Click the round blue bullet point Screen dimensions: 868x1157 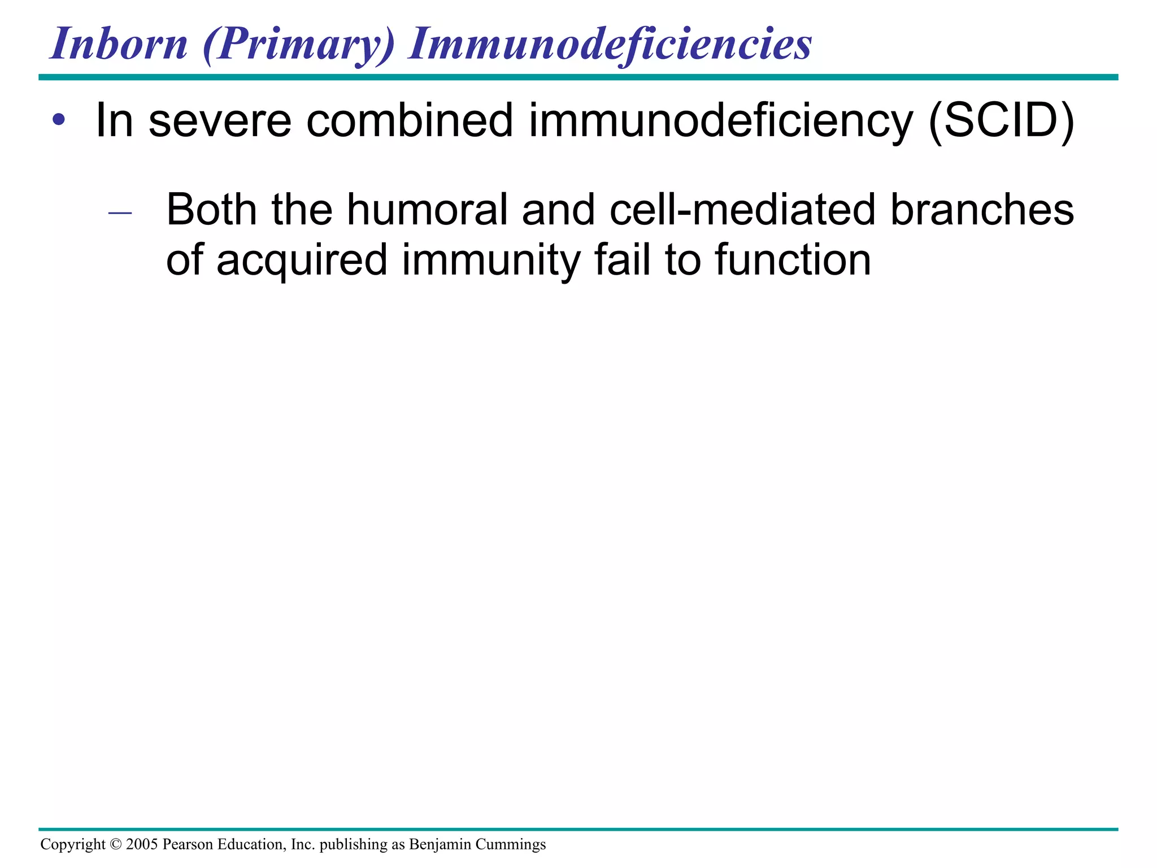click(59, 120)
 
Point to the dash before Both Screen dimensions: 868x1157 click(120, 213)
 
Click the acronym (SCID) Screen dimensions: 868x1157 click(1001, 120)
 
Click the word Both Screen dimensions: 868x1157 click(212, 210)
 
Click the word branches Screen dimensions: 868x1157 click(982, 210)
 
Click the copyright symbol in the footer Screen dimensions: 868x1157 click(116, 844)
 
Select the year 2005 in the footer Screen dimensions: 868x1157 click(142, 844)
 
